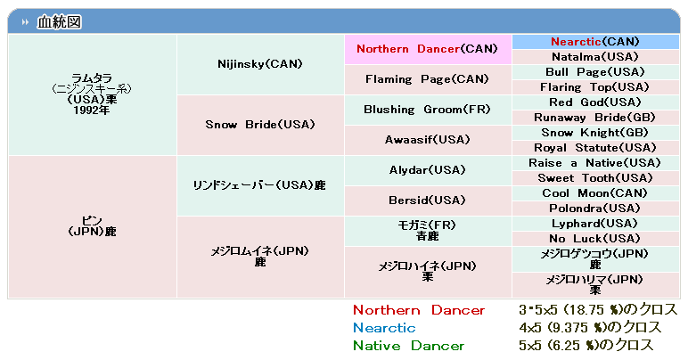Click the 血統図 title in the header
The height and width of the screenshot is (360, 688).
tap(59, 21)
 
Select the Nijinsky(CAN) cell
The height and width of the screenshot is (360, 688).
tap(260, 64)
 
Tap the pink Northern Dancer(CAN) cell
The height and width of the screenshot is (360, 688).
tap(428, 49)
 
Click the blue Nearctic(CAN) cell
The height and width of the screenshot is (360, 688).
tap(595, 42)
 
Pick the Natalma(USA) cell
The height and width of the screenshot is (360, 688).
tap(595, 57)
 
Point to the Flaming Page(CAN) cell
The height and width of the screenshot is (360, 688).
tap(428, 79)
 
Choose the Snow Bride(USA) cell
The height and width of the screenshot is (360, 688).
tap(260, 125)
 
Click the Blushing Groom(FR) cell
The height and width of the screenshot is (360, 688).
tap(428, 110)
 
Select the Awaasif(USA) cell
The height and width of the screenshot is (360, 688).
tap(428, 140)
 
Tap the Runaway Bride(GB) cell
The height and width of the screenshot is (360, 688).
tap(595, 118)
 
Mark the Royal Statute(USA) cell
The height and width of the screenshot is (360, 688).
tap(595, 148)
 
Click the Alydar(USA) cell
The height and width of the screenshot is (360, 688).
tap(428, 170)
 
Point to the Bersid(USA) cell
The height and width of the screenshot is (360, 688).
tap(428, 200)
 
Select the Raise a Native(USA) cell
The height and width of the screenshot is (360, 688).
tap(595, 163)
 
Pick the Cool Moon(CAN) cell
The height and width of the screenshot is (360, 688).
tap(595, 193)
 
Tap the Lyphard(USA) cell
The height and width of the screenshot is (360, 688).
tap(595, 224)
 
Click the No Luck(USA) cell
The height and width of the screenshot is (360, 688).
tap(595, 239)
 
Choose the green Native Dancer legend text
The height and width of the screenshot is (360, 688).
tap(408, 346)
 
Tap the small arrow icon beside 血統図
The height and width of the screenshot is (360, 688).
tap(26, 21)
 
